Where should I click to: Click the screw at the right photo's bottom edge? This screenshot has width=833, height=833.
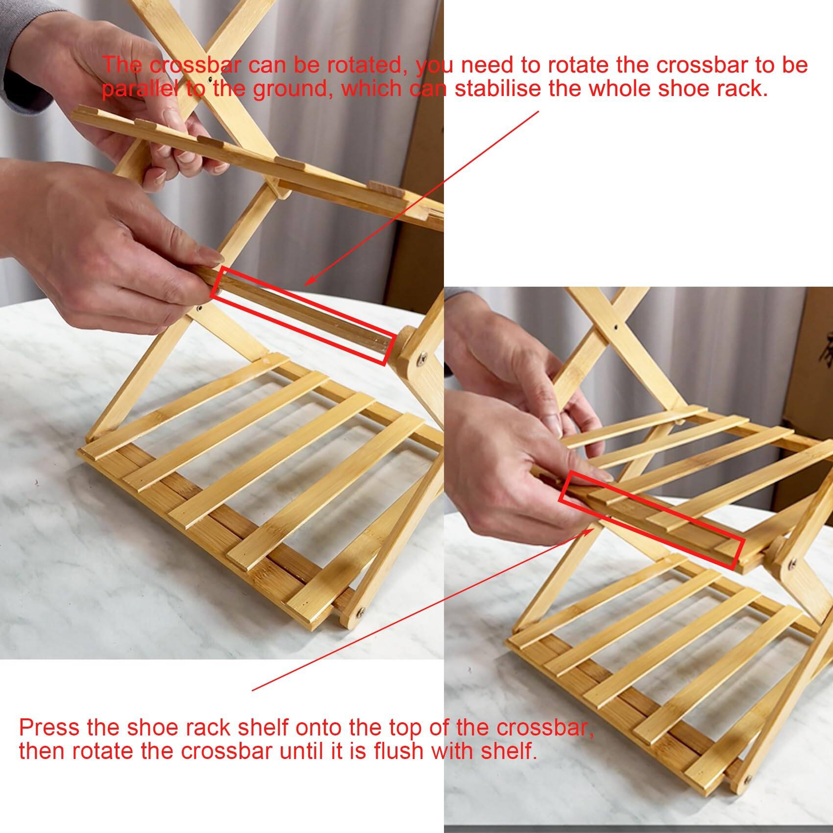click(748, 779)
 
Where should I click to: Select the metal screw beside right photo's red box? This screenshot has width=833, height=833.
click(792, 565)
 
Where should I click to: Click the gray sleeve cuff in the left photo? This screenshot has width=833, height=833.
click(20, 73)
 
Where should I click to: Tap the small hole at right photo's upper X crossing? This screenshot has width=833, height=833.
click(614, 325)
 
